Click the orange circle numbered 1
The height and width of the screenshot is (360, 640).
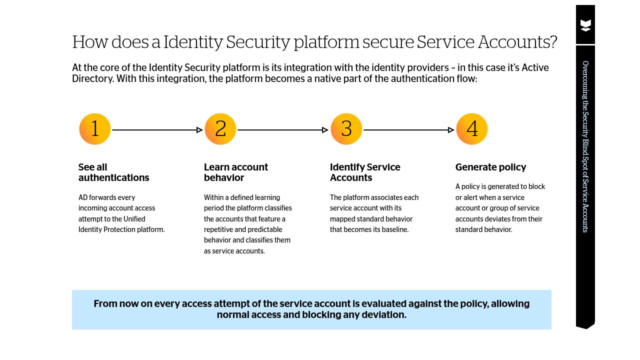[95, 129]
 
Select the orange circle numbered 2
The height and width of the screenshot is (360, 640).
[220, 129]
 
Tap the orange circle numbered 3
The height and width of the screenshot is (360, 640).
[346, 129]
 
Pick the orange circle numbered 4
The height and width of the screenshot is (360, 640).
[472, 129]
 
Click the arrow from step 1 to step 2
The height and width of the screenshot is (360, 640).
[157, 130]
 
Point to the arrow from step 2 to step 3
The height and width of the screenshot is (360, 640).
[282, 130]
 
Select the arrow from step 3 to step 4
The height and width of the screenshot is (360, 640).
[408, 130]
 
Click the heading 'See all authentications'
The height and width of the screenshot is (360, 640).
[113, 172]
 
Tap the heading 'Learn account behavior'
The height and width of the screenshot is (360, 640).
[235, 172]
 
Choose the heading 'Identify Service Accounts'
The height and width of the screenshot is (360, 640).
[365, 172]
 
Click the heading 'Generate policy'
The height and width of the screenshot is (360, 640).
[490, 167]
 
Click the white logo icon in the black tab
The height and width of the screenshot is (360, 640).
[585, 25]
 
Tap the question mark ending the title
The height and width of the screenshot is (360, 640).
[553, 42]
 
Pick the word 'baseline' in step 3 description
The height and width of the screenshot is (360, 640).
[394, 229]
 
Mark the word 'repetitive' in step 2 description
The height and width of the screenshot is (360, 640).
[220, 229]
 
